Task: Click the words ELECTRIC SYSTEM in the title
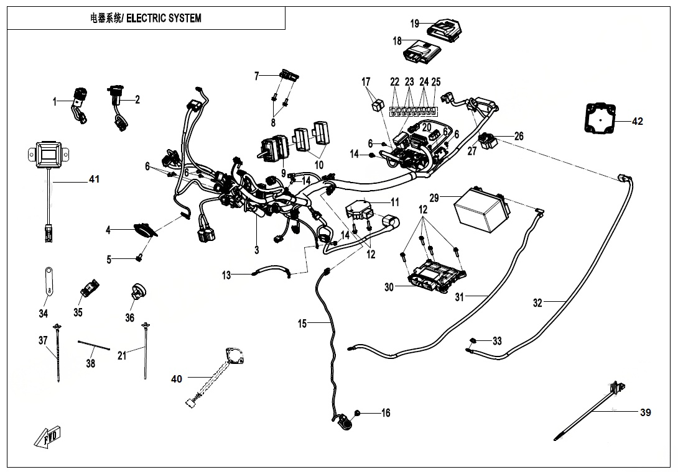(164, 18)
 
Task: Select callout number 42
(637, 121)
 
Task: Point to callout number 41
(94, 179)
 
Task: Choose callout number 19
(415, 24)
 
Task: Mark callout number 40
(177, 379)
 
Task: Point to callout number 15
(302, 323)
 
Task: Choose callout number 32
(537, 303)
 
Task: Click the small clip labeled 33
(473, 340)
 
